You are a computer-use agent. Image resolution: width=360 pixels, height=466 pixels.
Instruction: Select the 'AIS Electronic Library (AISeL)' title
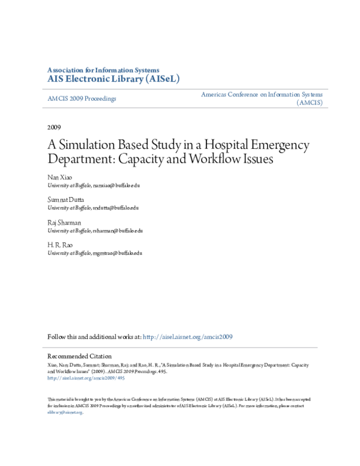click(113, 79)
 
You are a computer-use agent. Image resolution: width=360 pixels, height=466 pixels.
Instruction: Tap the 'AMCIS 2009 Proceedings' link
click(82, 98)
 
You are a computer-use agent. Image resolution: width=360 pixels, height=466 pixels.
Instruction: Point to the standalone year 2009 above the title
click(54, 127)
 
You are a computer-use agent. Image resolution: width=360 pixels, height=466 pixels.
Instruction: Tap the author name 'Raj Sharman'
click(65, 222)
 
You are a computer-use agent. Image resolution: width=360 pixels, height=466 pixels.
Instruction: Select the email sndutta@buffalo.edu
click(116, 208)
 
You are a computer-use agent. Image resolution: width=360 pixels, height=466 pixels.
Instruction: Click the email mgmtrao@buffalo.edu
click(117, 253)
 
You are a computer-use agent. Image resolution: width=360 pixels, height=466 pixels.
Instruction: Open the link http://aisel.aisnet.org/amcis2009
click(188, 337)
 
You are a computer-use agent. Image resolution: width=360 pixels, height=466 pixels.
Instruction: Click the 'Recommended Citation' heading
click(79, 356)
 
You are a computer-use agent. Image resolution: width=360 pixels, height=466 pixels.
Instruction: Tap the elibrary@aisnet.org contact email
click(64, 413)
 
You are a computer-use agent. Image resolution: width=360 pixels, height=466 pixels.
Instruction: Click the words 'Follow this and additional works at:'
click(95, 337)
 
